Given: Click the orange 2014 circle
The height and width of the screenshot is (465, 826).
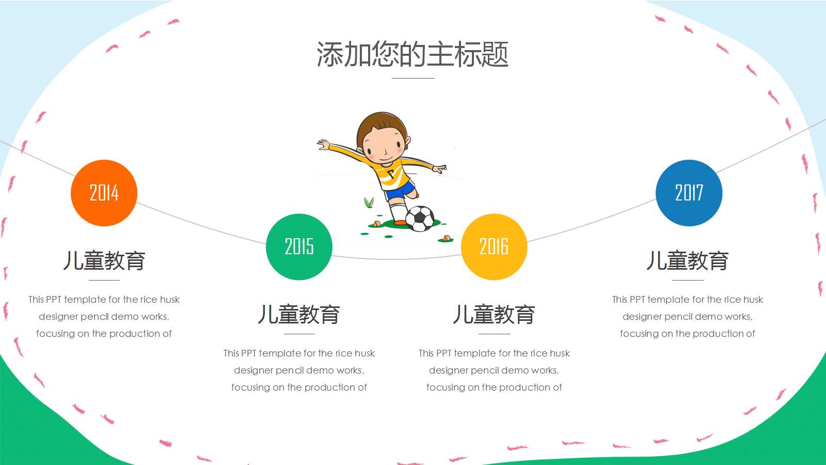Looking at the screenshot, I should (104, 193).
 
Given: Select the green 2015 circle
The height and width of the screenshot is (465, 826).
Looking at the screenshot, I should (299, 246).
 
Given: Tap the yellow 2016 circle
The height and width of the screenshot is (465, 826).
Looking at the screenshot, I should (494, 246).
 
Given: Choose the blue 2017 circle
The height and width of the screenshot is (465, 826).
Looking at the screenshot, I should (689, 193).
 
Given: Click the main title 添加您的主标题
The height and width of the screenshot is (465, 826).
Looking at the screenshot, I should (412, 54).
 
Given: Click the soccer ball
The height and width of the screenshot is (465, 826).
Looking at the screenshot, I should (420, 219).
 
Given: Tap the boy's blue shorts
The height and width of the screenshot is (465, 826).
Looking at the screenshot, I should (401, 190).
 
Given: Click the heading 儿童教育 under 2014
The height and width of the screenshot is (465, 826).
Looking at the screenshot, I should (104, 261).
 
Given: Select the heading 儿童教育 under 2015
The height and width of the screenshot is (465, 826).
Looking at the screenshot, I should (299, 315).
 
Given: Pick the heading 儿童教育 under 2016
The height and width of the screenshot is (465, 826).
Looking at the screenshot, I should (494, 315).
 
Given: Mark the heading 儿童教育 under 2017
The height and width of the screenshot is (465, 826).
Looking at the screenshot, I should (688, 261).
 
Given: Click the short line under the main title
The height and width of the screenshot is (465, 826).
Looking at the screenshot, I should (413, 78).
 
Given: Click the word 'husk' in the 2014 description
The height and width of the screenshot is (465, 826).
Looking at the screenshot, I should (170, 300).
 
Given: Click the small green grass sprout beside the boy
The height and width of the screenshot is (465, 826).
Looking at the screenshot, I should (369, 203).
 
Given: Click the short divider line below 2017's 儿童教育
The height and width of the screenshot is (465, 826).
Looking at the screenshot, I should (688, 280).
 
